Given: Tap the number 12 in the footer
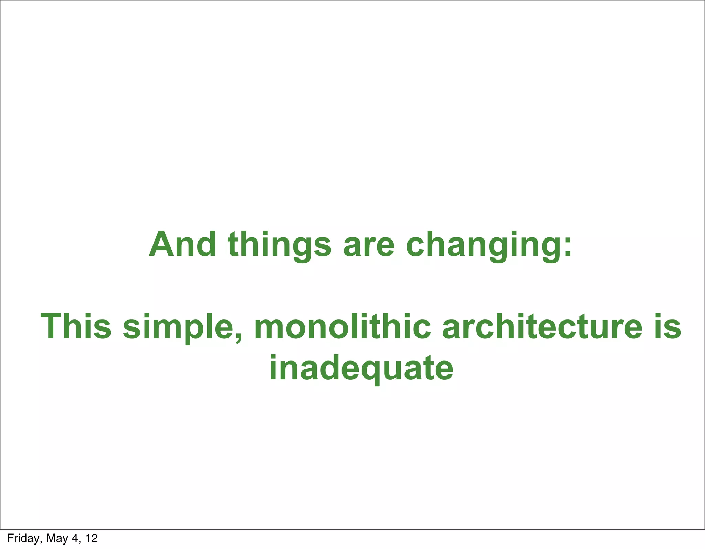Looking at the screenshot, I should click(92, 538).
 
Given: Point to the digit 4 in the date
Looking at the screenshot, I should click(75, 538).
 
